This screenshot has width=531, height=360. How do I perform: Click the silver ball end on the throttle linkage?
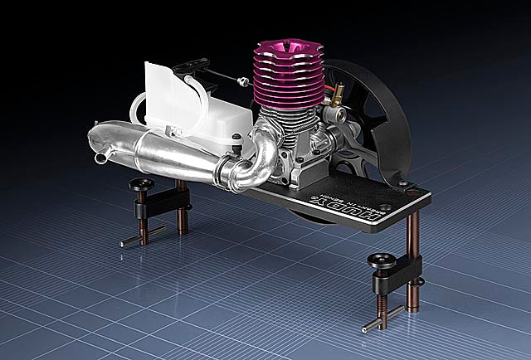click(241, 81)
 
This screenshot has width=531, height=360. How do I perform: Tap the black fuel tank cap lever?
click(192, 64)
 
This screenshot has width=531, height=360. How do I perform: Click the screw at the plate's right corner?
click(402, 182)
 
